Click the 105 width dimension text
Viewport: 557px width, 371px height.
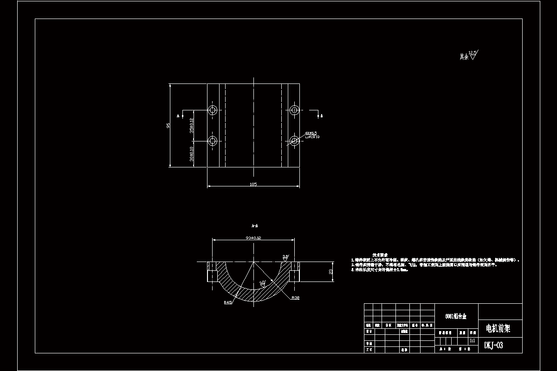click(x=253, y=184)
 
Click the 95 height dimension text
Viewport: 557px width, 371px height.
click(x=168, y=125)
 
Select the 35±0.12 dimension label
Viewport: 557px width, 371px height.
click(x=191, y=125)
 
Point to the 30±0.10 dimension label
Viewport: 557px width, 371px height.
click(x=191, y=154)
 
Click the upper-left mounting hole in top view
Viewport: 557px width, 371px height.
click(x=213, y=110)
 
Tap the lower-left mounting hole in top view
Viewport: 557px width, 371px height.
click(x=213, y=141)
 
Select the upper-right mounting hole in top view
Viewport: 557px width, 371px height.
click(x=294, y=110)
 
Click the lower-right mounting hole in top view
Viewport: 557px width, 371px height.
click(x=294, y=141)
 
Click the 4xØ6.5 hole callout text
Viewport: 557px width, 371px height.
click(x=311, y=134)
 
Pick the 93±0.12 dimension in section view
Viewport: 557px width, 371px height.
click(x=253, y=237)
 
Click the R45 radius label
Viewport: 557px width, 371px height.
click(x=228, y=302)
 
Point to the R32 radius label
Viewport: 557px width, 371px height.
click(x=295, y=298)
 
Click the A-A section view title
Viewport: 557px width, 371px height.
click(x=254, y=226)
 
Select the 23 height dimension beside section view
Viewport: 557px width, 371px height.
click(x=331, y=272)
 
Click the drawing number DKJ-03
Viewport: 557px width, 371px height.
click(x=493, y=345)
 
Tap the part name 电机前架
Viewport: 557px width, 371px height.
click(x=498, y=329)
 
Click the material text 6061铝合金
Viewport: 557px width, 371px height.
click(x=456, y=315)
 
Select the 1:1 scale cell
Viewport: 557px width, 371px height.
click(x=473, y=340)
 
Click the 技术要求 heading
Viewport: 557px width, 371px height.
click(x=380, y=255)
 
